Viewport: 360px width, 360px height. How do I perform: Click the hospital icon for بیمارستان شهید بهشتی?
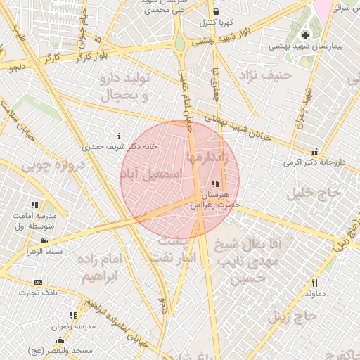(x=304, y=35)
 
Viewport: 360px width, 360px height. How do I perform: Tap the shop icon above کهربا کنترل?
(x=216, y=11)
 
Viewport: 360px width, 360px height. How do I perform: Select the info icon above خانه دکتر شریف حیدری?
(x=119, y=136)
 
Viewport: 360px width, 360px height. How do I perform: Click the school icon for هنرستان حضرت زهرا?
(x=214, y=183)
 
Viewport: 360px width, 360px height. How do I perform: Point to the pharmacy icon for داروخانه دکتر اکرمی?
(x=314, y=151)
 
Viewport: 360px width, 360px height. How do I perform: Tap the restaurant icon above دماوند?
(x=314, y=283)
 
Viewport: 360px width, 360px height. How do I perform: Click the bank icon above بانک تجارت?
(x=38, y=281)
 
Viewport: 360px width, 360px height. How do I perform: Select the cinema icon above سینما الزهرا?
(x=44, y=240)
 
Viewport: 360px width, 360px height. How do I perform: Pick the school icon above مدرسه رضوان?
(x=73, y=316)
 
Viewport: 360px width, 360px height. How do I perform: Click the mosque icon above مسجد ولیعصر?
(x=60, y=340)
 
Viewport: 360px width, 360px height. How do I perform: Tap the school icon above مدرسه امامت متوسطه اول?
(x=34, y=205)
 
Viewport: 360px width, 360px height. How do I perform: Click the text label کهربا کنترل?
(x=216, y=22)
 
